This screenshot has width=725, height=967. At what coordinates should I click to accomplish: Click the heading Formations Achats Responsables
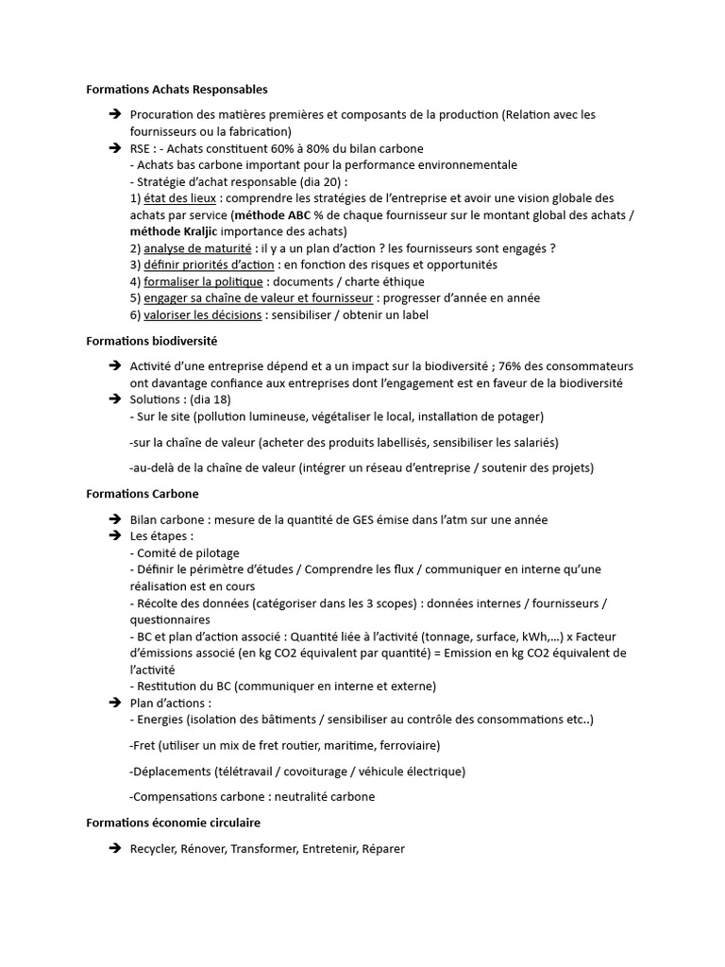pyautogui.click(x=177, y=90)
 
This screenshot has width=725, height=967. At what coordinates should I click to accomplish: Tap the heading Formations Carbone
pyautogui.click(x=142, y=494)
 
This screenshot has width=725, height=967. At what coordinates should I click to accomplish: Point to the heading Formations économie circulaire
pyautogui.click(x=173, y=823)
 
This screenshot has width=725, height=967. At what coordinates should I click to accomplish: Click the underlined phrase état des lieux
pyautogui.click(x=180, y=198)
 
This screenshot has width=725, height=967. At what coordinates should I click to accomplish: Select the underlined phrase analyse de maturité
pyautogui.click(x=197, y=248)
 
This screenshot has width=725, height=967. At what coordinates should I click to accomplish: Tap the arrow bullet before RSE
pyautogui.click(x=114, y=148)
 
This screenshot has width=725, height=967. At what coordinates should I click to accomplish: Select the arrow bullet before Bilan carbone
pyautogui.click(x=114, y=519)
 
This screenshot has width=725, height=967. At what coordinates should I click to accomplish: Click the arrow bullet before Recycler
pyautogui.click(x=114, y=849)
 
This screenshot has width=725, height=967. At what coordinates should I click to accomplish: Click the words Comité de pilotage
pyautogui.click(x=189, y=552)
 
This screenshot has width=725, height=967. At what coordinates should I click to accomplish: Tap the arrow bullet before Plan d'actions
pyautogui.click(x=114, y=703)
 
